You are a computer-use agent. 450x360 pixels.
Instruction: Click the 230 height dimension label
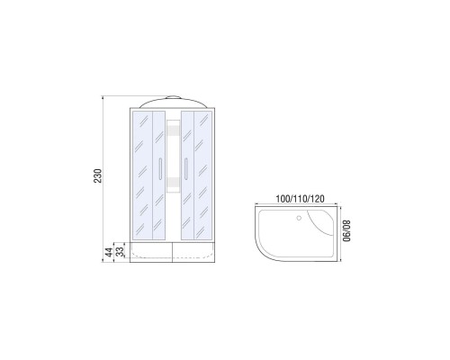[98, 176]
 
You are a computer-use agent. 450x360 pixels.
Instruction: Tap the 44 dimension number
[109, 252]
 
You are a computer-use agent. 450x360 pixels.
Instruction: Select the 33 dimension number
[120, 251]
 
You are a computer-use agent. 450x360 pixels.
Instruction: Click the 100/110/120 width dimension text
[300, 199]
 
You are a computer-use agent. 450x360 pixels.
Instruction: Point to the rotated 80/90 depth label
[346, 231]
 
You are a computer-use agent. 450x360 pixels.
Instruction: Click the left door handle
[160, 169]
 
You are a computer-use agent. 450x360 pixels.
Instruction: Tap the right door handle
[186, 169]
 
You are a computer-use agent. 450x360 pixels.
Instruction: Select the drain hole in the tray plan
[299, 218]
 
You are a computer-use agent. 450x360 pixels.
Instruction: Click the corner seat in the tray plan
[321, 222]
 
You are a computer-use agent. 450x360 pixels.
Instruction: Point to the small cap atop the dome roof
[174, 97]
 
